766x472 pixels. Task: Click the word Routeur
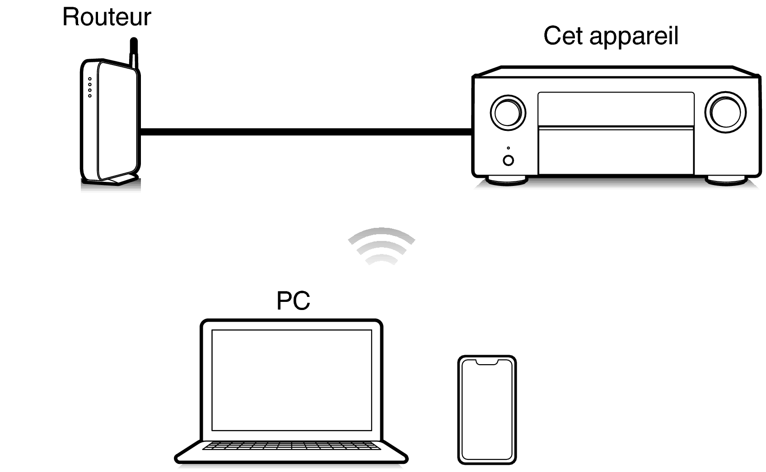[107, 17]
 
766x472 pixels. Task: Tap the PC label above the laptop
[293, 301]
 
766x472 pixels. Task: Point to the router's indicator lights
[90, 87]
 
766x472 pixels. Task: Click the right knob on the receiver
[725, 112]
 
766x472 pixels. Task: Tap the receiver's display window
[616, 109]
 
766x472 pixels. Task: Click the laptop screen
[292, 380]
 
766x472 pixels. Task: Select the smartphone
[487, 410]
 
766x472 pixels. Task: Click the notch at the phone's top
[487, 362]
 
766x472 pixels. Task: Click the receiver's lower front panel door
[616, 151]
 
